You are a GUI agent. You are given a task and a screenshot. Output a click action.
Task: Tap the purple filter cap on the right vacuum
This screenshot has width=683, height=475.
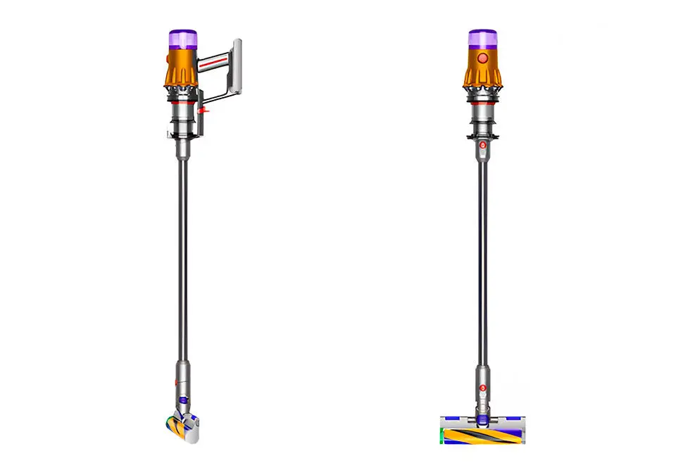click(482, 38)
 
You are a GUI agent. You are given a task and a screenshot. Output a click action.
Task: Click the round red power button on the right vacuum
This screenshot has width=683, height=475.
click(482, 59)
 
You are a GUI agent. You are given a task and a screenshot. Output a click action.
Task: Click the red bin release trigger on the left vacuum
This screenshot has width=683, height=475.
click(204, 110)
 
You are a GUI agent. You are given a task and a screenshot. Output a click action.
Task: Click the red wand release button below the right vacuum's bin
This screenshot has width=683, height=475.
click(482, 145)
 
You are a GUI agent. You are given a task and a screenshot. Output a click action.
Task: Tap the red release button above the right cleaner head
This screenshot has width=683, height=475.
click(482, 388)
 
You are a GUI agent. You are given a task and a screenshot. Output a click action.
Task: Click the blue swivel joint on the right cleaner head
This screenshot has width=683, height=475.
click(482, 419)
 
